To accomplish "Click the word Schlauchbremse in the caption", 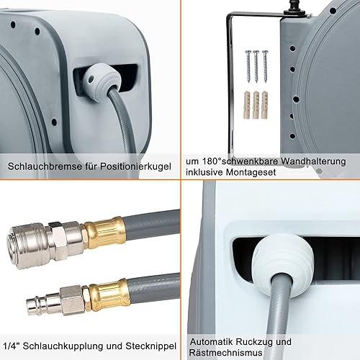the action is (45, 166).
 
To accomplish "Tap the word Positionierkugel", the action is (135, 166).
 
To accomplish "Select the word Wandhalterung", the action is (313, 161).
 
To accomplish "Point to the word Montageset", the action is (251, 172).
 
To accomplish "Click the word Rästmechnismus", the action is (225, 353).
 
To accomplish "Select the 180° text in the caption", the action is (211, 161).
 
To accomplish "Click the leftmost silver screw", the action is (248, 66).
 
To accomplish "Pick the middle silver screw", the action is (256, 66).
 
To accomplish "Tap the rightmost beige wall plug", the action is (265, 104).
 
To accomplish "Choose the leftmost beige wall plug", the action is (248, 104).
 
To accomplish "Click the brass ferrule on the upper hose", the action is (105, 233).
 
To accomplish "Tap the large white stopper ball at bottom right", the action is (283, 264).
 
